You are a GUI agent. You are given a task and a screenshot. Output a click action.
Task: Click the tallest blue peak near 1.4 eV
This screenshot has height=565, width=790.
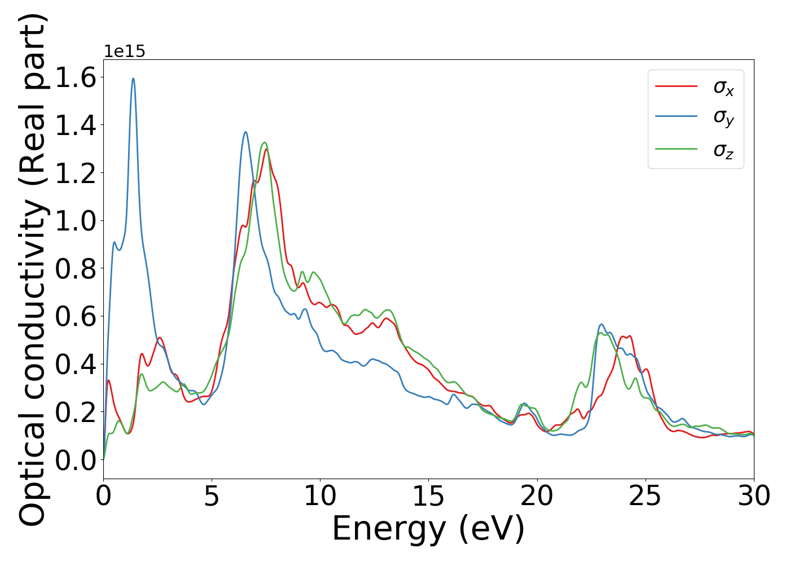point(133,79)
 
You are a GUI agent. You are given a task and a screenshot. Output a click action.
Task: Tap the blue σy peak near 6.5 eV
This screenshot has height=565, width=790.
point(245,132)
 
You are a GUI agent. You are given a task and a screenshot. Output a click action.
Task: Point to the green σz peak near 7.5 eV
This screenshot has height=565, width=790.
point(264,143)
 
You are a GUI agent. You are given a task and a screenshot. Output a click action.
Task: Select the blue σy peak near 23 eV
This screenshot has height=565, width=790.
point(602,324)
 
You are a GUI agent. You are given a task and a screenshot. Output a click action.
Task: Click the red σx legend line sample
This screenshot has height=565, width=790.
point(676,86)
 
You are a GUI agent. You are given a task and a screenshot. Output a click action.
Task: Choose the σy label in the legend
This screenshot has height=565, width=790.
point(723,117)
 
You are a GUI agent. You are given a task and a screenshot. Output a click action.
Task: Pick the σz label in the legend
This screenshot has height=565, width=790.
point(723,150)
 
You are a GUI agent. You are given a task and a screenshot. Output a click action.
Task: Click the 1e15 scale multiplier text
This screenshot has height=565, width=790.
point(124,52)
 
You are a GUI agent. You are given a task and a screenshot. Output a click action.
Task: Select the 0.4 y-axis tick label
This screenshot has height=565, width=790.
point(76,364)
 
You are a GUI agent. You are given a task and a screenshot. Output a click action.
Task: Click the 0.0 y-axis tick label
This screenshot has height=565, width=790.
point(76,460)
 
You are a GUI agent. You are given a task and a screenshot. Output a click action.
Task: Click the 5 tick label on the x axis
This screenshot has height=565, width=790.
point(212,497)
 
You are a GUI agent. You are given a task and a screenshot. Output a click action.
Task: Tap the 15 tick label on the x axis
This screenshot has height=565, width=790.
point(428,497)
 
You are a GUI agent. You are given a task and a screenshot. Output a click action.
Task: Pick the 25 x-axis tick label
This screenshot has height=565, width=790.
point(645,497)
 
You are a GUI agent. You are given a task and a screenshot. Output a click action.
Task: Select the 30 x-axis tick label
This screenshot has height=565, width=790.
point(753,497)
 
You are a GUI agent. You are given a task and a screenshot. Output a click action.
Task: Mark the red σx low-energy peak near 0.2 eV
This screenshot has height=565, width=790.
point(108,380)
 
